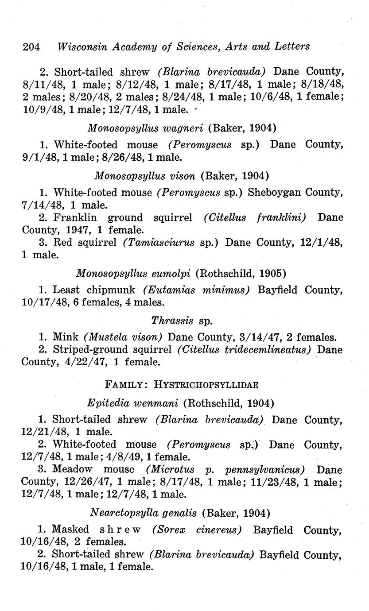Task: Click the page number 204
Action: click(x=31, y=46)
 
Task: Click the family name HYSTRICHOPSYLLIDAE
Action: click(x=206, y=384)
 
